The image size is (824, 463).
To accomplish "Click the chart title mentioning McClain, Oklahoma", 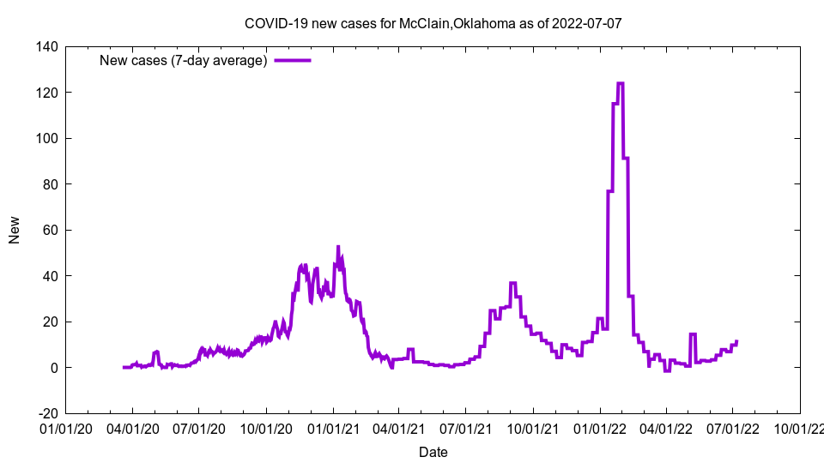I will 433,23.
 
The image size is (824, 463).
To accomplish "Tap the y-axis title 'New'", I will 15,230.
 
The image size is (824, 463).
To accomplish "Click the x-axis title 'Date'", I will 433,451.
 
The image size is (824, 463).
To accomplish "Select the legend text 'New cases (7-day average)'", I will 184,60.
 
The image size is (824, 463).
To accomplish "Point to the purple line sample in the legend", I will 293,60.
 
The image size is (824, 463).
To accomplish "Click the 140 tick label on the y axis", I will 46,46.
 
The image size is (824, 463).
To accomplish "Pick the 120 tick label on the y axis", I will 46,93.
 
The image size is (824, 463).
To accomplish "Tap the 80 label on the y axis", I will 50,184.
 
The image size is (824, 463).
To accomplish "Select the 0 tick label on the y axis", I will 53,368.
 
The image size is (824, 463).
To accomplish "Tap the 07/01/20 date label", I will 199,427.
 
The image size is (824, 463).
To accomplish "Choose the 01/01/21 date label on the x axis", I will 333,427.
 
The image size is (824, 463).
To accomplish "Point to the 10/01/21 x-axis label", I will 533,427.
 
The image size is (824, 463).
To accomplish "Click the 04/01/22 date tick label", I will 666,427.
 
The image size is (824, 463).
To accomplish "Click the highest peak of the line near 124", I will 621,83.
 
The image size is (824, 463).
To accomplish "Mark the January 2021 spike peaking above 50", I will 338,247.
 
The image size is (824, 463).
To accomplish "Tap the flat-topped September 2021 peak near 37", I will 512,283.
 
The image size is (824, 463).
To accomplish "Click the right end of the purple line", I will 736,341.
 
